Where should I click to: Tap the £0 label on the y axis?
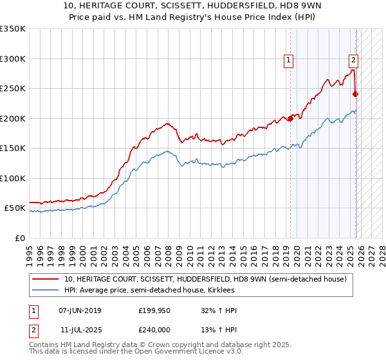tap(19, 238)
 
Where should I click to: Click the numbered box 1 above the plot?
tap(289, 61)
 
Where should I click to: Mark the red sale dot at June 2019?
tap(290, 118)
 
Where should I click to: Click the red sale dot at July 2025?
tap(356, 94)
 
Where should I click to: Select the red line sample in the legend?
tap(46, 280)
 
